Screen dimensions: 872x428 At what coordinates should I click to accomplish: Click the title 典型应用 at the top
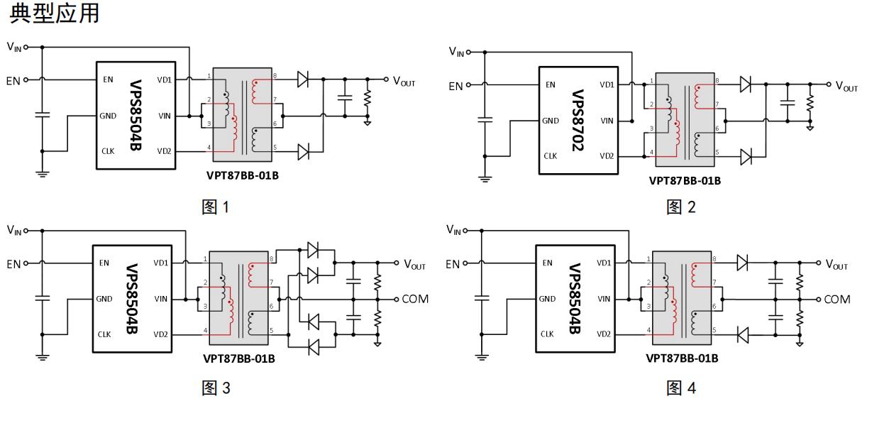click(x=54, y=13)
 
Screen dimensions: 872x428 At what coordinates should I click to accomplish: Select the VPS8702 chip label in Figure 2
click(x=578, y=121)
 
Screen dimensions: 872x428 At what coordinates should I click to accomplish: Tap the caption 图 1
click(x=215, y=207)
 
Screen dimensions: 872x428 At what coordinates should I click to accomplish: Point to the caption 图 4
click(x=681, y=388)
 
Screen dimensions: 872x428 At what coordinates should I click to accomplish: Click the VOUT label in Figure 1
click(x=404, y=82)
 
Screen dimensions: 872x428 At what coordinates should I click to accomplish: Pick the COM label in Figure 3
click(x=415, y=299)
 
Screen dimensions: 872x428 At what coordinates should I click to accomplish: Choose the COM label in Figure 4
click(x=837, y=300)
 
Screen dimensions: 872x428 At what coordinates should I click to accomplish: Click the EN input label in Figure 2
click(x=456, y=86)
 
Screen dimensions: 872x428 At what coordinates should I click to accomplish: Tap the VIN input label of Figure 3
click(x=14, y=230)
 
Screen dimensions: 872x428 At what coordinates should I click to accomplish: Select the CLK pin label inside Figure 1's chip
click(x=108, y=151)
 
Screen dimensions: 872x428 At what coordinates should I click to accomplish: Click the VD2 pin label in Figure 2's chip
click(x=607, y=156)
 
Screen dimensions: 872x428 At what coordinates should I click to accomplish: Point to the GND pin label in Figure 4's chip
click(x=547, y=299)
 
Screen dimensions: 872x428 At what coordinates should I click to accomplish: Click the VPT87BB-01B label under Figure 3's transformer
click(x=239, y=358)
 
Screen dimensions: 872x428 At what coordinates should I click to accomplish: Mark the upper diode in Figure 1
click(x=303, y=79)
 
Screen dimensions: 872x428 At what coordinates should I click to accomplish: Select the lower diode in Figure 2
click(x=746, y=157)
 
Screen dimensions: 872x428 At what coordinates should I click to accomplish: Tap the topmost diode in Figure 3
click(x=313, y=250)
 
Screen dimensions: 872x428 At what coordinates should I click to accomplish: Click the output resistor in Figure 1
click(x=368, y=98)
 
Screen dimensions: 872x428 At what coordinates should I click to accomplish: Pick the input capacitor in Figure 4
click(x=482, y=298)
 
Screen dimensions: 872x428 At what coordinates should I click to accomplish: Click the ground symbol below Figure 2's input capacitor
click(x=485, y=179)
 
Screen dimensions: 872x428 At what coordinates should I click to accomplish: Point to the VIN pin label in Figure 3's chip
click(x=161, y=299)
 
